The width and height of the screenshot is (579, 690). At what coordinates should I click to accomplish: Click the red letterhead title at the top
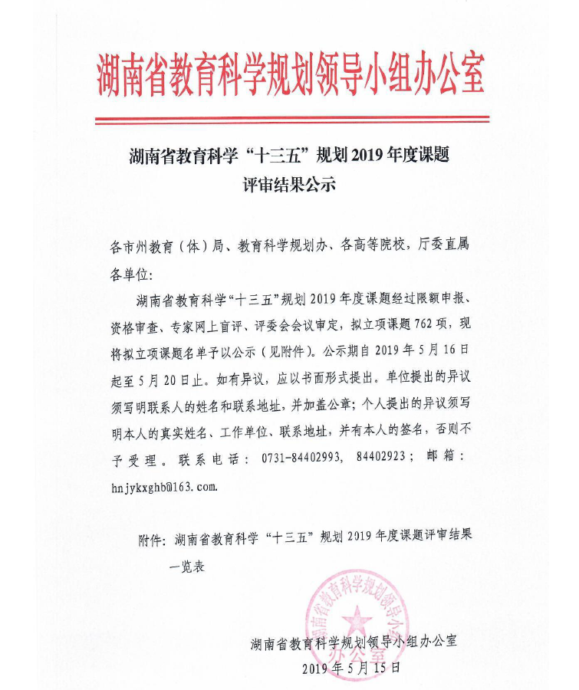point(290,74)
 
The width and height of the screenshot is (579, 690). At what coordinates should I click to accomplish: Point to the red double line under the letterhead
point(290,120)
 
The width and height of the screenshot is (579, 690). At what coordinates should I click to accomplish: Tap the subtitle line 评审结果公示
point(289,184)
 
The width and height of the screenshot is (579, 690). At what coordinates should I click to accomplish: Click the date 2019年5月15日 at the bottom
point(351,667)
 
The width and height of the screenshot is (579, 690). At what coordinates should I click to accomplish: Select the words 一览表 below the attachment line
point(187,568)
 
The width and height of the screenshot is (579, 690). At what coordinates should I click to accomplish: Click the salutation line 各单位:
point(132,274)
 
